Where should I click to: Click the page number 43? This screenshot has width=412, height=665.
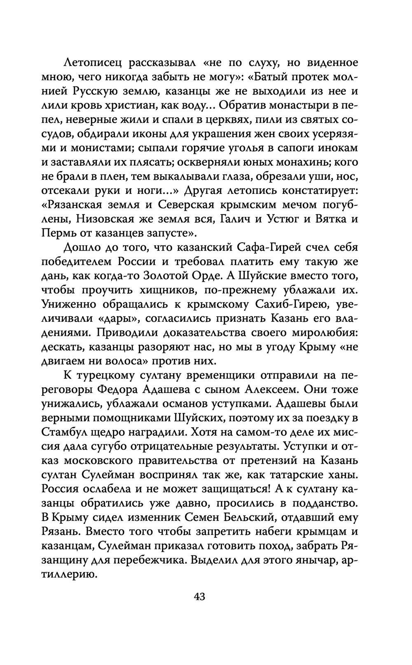tap(199, 597)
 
